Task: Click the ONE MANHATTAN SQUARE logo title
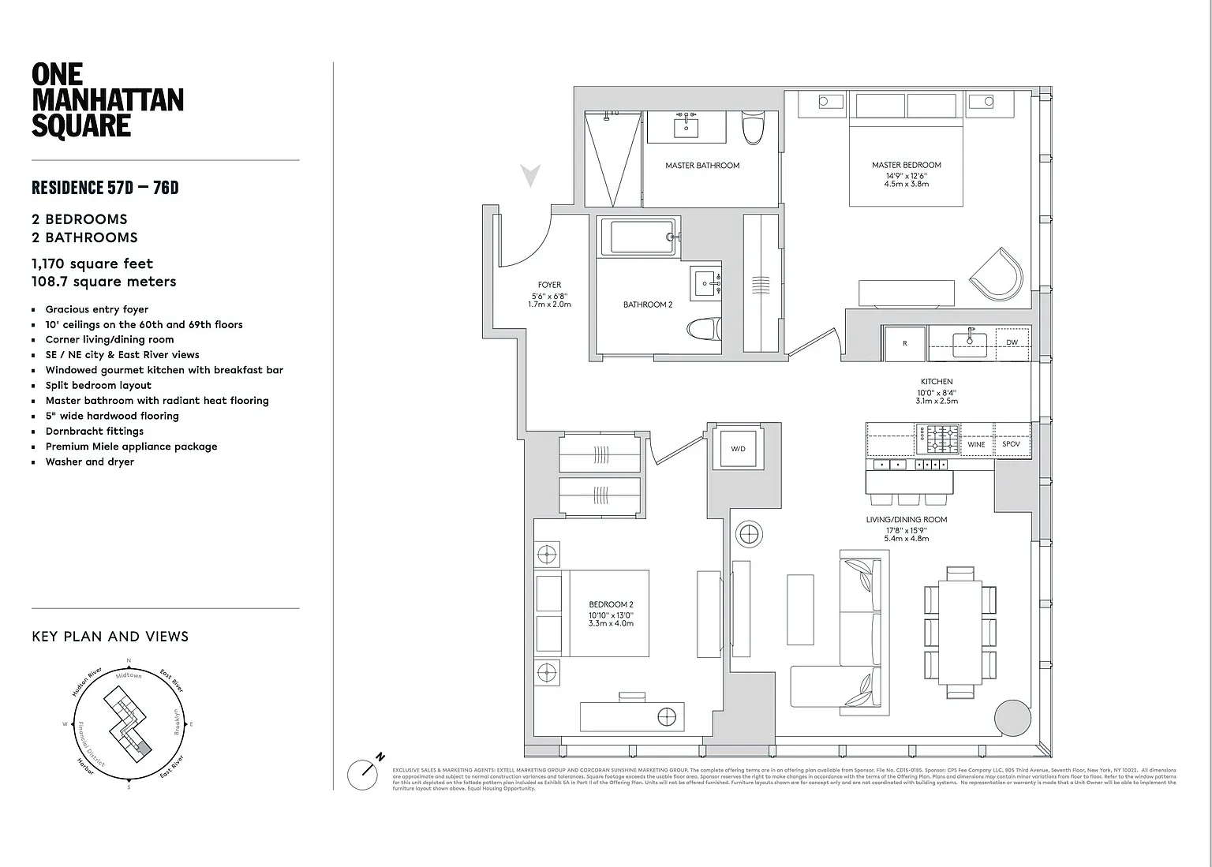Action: [107, 100]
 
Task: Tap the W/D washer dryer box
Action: [738, 449]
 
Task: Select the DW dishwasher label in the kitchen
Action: [1012, 342]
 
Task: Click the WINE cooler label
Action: [976, 444]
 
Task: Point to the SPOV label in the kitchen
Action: [1011, 444]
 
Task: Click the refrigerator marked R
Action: [904, 343]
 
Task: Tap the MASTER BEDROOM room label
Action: [906, 165]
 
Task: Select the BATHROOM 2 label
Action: [648, 305]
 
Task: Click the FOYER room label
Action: [549, 285]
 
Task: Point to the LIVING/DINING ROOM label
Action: [906, 520]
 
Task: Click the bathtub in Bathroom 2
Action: [638, 237]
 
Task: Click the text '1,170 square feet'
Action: [92, 263]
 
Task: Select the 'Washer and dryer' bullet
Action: [90, 462]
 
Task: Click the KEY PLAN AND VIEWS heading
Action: [110, 637]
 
